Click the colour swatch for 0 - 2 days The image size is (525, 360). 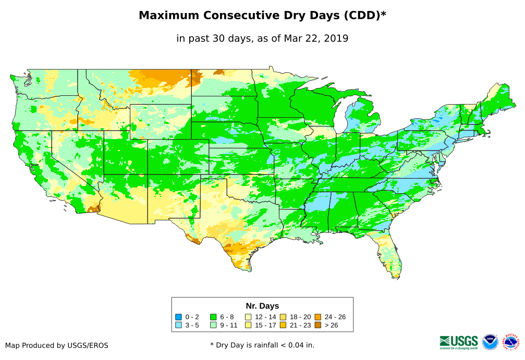click(x=178, y=317)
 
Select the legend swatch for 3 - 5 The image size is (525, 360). click(x=178, y=325)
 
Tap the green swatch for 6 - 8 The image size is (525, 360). click(x=213, y=317)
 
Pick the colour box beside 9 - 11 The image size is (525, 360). click(x=213, y=325)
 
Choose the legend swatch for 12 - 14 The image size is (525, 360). click(x=248, y=317)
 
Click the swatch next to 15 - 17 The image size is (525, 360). click(x=248, y=325)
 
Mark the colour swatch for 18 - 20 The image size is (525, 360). click(x=283, y=317)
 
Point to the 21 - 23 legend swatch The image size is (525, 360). click(x=283, y=325)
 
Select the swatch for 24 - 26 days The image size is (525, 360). click(x=318, y=317)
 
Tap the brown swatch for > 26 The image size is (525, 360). click(x=318, y=325)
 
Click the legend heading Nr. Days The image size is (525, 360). click(x=262, y=306)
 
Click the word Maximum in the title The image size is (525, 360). click(x=169, y=16)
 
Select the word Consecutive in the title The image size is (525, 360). click(x=240, y=16)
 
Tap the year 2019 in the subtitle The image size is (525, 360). click(x=336, y=39)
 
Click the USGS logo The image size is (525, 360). click(x=459, y=342)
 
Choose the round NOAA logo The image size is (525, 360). click(x=490, y=342)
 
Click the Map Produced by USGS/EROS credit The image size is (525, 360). click(x=57, y=345)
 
